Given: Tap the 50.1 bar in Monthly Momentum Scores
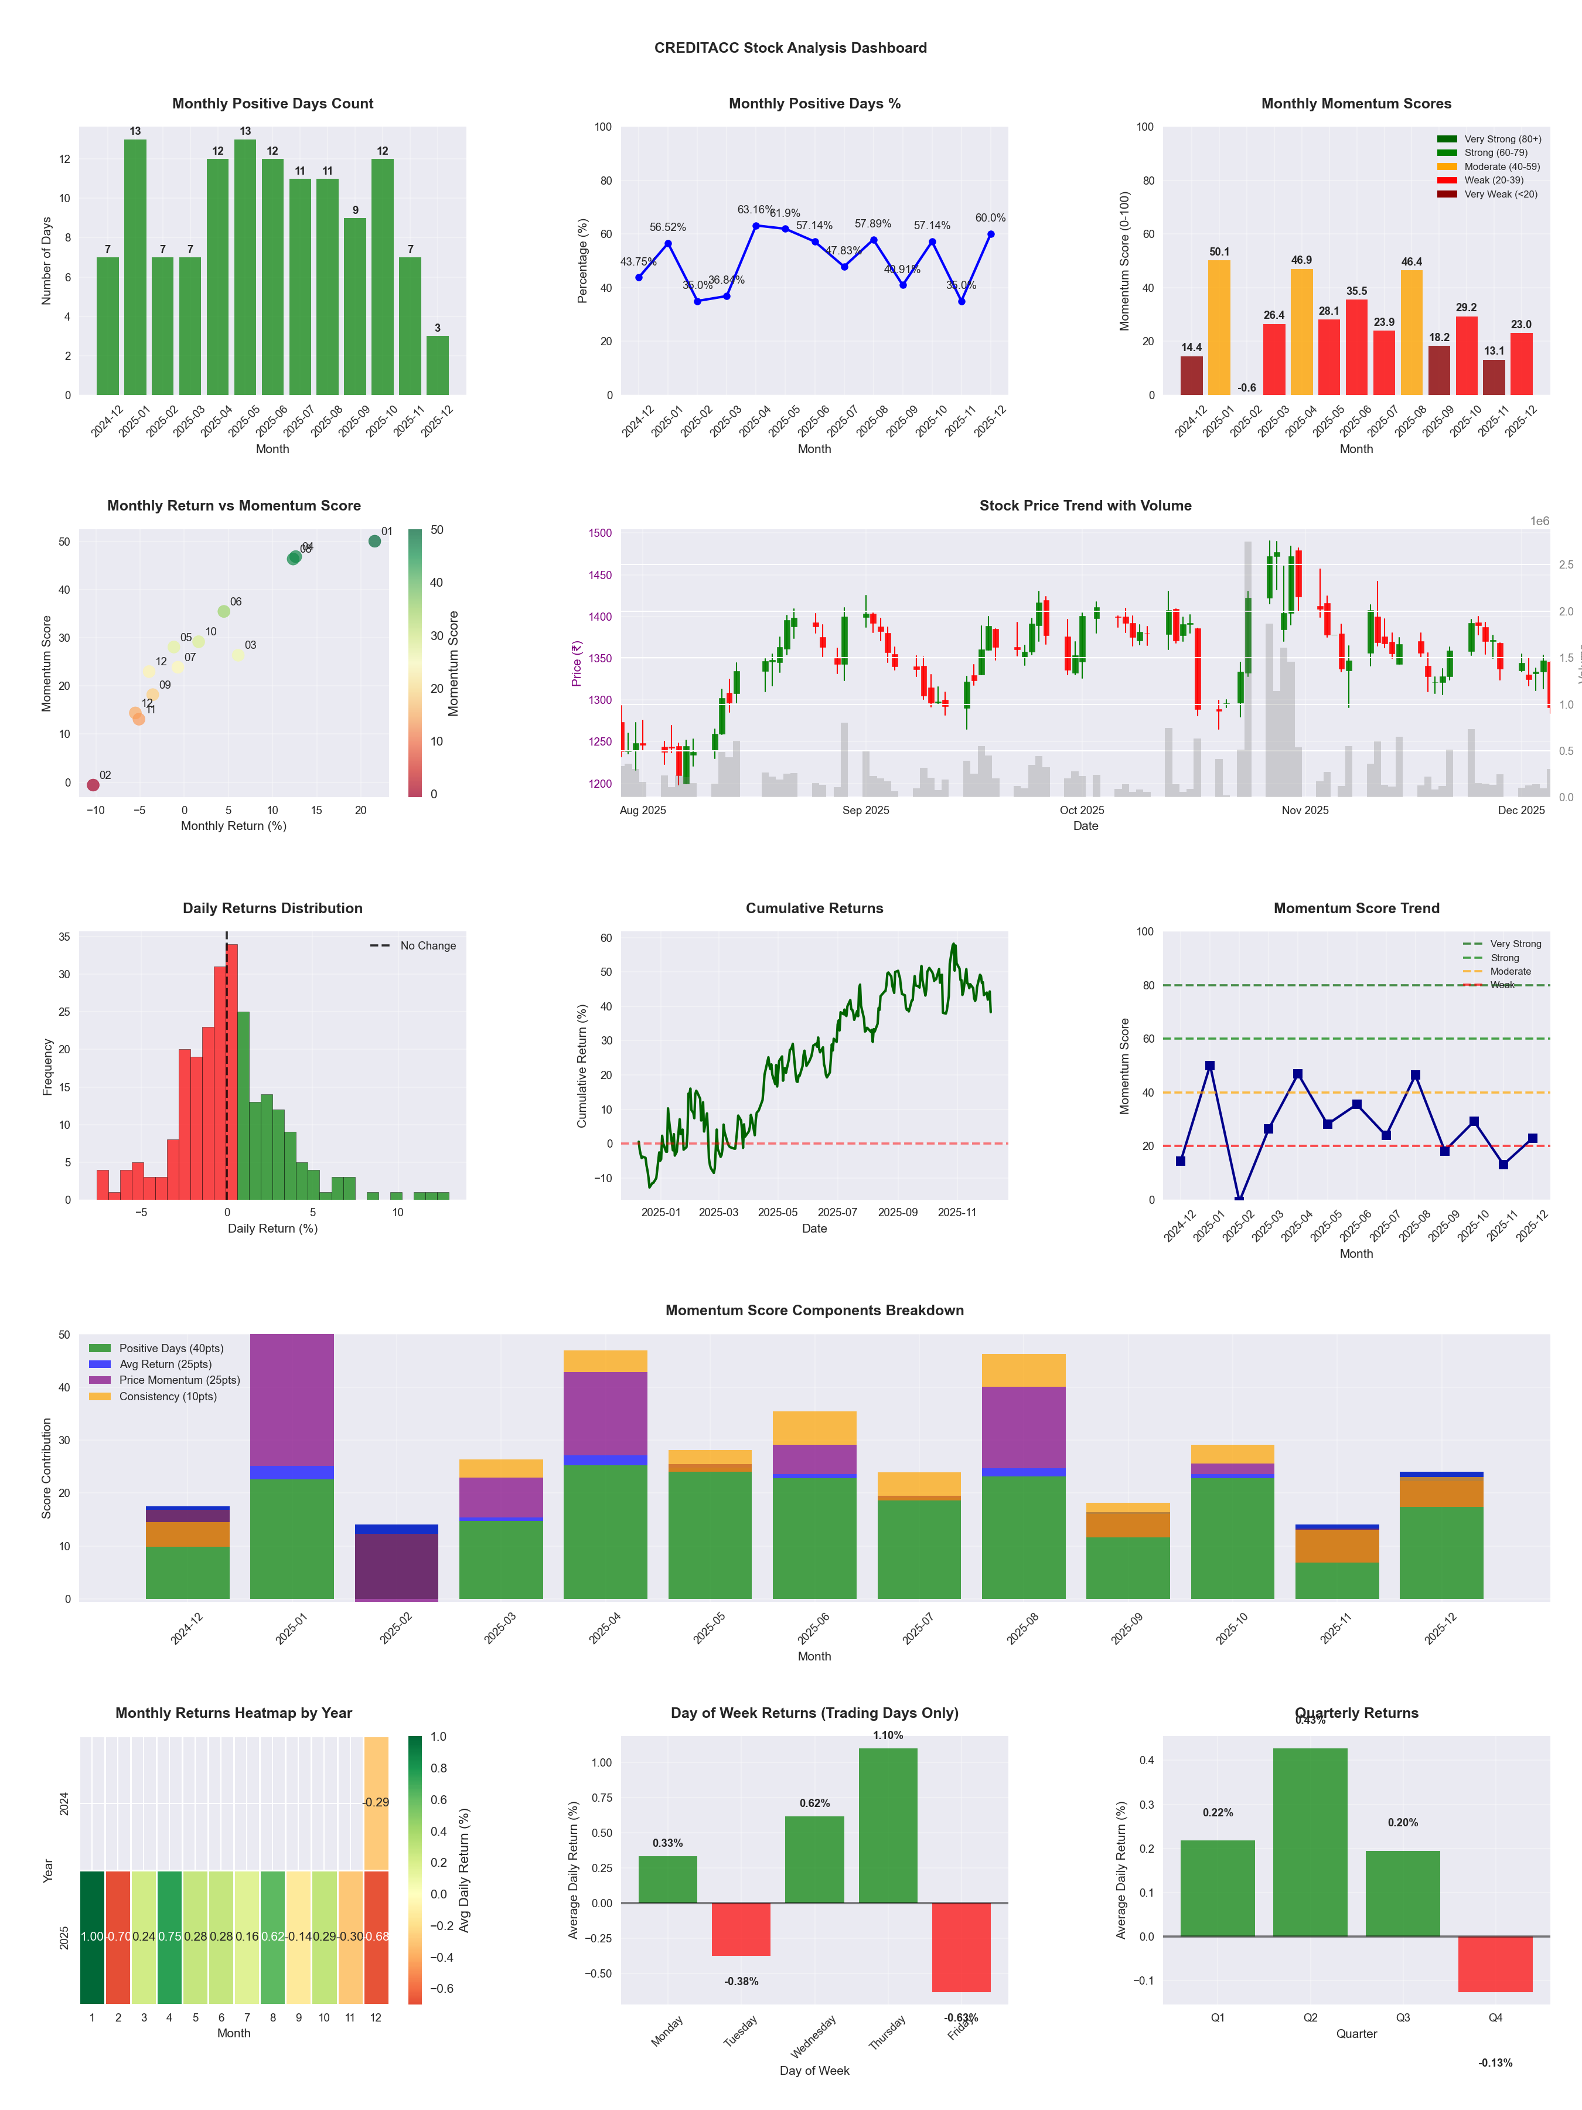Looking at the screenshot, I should pos(1219,327).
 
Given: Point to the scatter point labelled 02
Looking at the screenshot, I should pos(93,785).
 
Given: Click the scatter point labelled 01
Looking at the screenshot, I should pos(375,541).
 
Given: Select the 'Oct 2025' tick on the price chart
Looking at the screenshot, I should pos(1082,811).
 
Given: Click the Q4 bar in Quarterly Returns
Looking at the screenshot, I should pos(1495,1964).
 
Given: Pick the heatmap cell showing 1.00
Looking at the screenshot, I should pos(91,1937).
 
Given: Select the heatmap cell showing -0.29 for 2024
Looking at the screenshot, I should pos(376,1803).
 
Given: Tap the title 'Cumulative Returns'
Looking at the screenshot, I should pos(814,908).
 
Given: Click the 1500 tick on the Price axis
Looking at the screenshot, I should pos(600,533).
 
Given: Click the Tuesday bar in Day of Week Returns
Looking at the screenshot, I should pos(741,1929).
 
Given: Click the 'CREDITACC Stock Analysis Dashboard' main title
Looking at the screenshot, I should pos(790,47).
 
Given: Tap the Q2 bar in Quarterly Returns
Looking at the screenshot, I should pos(1310,1842).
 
